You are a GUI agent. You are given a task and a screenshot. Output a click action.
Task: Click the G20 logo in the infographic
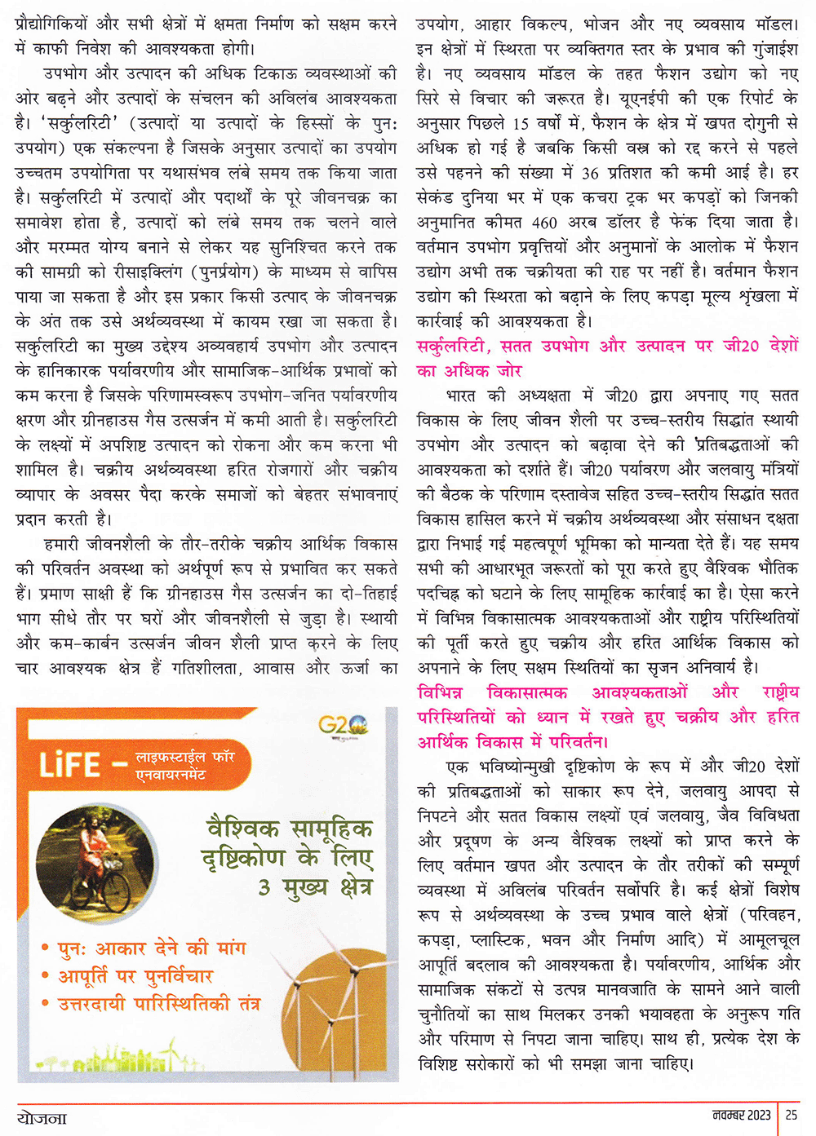click(343, 724)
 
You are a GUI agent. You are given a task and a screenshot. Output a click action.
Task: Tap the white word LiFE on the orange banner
click(70, 765)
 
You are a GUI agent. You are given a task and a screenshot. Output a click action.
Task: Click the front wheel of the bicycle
click(117, 893)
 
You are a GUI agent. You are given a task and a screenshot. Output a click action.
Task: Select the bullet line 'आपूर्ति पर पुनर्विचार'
click(135, 975)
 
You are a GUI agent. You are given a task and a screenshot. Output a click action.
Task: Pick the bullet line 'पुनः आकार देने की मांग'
click(152, 948)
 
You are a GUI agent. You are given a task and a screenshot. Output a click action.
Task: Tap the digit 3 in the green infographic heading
click(264, 886)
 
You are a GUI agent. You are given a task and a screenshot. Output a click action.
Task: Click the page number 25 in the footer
click(792, 1114)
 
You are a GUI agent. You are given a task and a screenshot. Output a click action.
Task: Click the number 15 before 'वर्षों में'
click(521, 124)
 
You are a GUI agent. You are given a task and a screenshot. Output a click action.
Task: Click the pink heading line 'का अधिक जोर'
click(469, 371)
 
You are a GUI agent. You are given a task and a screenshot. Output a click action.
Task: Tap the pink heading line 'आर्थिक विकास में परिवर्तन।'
click(512, 741)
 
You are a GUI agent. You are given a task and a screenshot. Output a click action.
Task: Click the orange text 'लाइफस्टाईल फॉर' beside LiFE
click(184, 757)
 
